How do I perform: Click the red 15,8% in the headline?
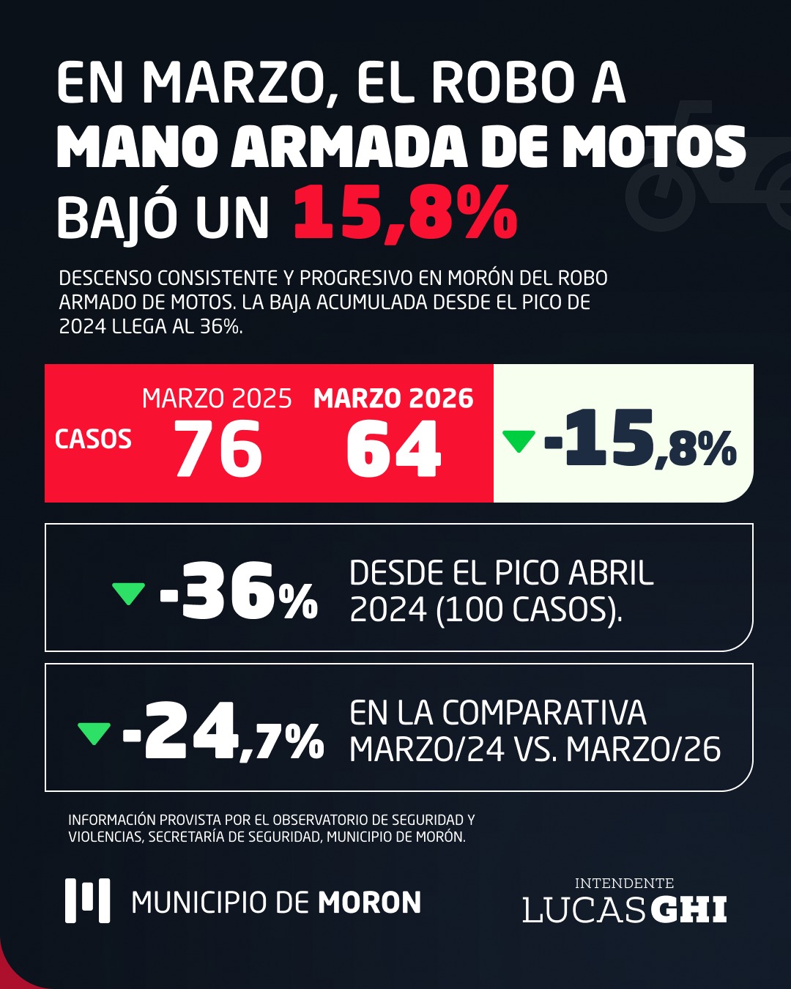click(x=405, y=214)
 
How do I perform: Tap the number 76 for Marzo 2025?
click(x=218, y=449)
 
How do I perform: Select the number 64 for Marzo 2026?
click(x=393, y=449)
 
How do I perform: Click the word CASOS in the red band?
click(x=93, y=440)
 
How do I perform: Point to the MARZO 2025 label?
click(x=217, y=399)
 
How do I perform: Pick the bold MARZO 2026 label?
click(x=393, y=399)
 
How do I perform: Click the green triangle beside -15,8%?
click(x=519, y=441)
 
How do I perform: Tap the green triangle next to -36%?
click(x=128, y=593)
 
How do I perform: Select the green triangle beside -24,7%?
click(x=94, y=733)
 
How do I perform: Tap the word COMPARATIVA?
click(x=544, y=713)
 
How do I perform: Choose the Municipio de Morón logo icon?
click(x=87, y=900)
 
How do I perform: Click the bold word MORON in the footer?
click(x=369, y=903)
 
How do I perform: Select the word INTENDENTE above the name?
click(x=624, y=884)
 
